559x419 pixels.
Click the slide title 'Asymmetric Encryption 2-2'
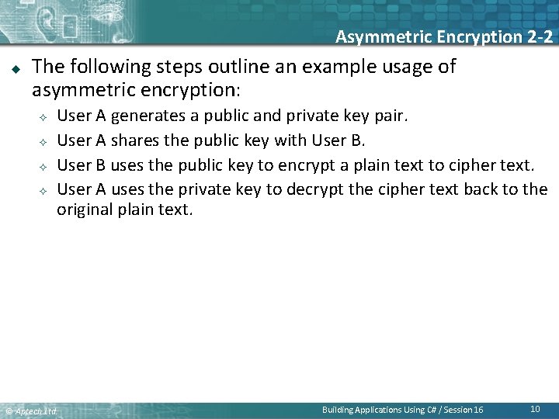tap(443, 36)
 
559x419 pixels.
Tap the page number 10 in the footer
tap(535, 408)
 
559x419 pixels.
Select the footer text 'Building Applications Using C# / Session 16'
tap(402, 409)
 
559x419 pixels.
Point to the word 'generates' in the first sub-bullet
tap(144, 116)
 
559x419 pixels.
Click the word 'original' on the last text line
tap(85, 209)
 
